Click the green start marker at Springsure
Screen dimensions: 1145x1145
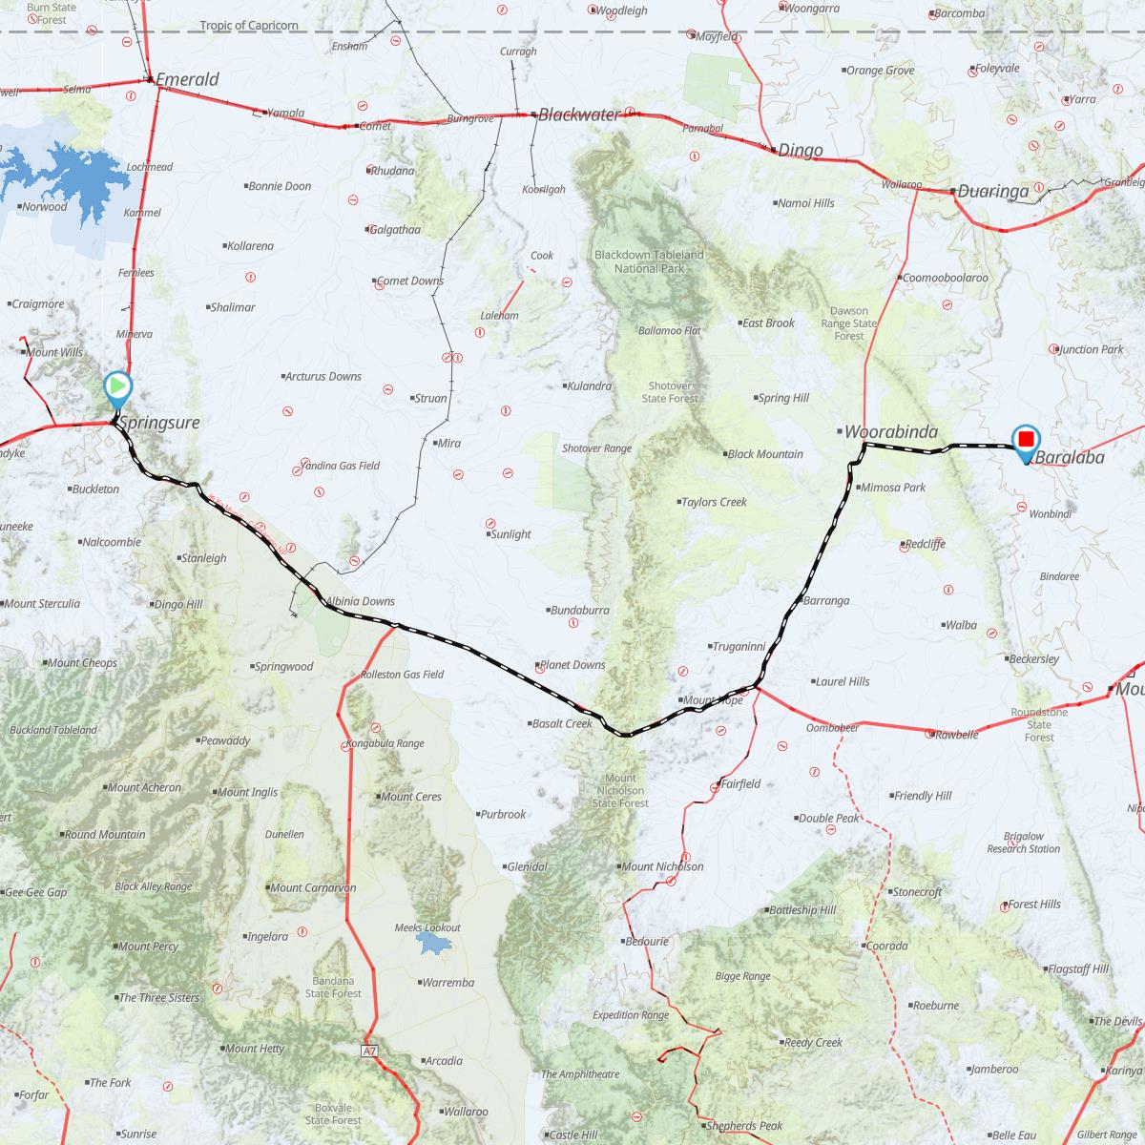(116, 387)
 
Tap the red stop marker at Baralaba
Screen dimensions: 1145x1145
(1026, 440)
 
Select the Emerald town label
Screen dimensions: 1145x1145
(187, 80)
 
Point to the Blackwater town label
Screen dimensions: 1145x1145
(579, 114)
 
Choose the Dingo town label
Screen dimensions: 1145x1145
(800, 150)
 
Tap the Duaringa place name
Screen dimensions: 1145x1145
(993, 191)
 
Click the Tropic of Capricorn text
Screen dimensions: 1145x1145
(249, 26)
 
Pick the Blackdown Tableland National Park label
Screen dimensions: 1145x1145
(649, 261)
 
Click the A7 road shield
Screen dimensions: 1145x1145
(370, 1051)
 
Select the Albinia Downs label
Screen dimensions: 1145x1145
(360, 602)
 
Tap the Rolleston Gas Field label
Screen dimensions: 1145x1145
(402, 675)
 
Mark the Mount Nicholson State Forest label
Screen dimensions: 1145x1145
(620, 791)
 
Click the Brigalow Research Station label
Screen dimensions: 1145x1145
(1023, 843)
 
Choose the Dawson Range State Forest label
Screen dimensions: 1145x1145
(848, 323)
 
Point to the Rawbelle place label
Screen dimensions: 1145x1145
(956, 735)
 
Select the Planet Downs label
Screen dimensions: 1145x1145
(572, 665)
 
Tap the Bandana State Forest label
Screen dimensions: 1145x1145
(334, 987)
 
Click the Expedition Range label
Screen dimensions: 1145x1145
(631, 1015)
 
